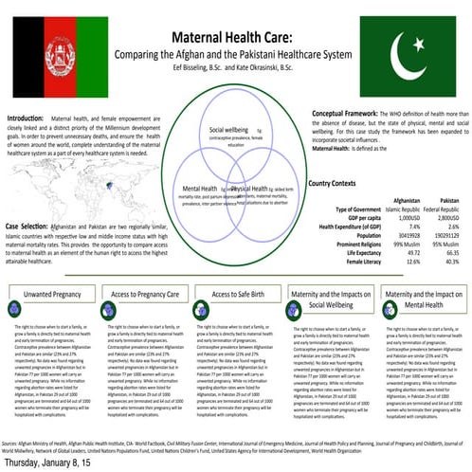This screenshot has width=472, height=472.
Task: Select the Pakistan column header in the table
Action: coord(450,199)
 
